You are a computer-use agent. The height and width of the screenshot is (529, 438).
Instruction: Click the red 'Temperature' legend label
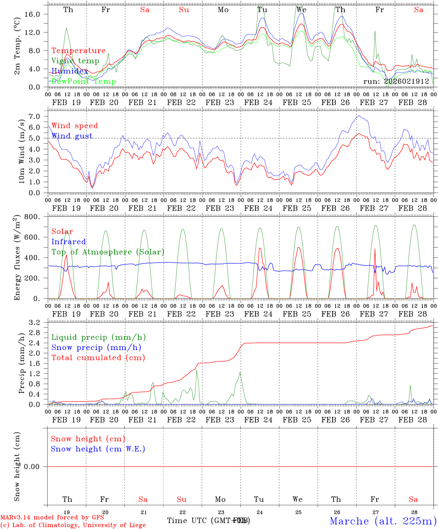click(x=79, y=51)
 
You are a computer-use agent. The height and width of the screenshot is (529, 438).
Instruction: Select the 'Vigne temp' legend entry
click(x=75, y=61)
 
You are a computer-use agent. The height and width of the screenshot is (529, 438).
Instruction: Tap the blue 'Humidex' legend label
click(x=70, y=71)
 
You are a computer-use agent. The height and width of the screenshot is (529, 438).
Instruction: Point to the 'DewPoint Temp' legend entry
click(x=84, y=82)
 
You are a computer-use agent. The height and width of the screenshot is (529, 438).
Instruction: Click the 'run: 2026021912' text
click(x=396, y=82)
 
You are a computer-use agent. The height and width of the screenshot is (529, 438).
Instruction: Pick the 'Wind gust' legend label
click(x=72, y=136)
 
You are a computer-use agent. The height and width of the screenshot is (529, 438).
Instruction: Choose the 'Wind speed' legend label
click(x=75, y=126)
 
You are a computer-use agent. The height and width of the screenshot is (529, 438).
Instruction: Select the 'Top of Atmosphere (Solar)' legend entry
click(x=108, y=252)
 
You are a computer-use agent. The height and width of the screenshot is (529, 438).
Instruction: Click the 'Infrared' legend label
click(x=69, y=242)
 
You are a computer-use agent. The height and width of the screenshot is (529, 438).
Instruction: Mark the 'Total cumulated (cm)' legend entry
click(x=98, y=357)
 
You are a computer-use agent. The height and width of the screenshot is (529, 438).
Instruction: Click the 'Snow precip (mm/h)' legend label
click(x=96, y=348)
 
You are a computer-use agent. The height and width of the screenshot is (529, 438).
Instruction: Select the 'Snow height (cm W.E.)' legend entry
click(x=98, y=449)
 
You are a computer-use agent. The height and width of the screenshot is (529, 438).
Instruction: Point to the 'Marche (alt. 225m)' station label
click(x=383, y=521)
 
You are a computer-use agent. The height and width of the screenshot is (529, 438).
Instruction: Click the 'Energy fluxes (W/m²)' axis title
click(x=17, y=259)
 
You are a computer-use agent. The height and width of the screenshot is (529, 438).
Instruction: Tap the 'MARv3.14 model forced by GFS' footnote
click(x=52, y=518)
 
